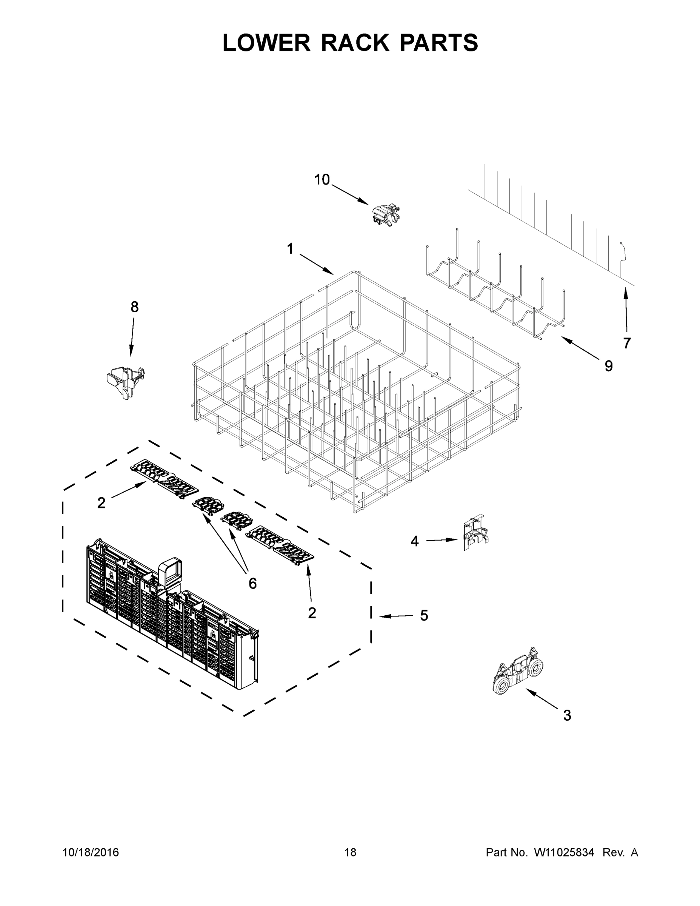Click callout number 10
(x=322, y=180)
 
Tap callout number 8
(x=134, y=307)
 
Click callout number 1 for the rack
(x=290, y=249)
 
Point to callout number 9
(x=608, y=366)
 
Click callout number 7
(x=626, y=343)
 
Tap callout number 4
(x=414, y=541)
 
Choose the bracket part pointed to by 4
(x=475, y=534)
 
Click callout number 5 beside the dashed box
(x=424, y=615)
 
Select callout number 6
(x=252, y=583)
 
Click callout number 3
(x=567, y=715)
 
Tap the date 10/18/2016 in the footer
(x=91, y=852)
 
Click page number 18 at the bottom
(x=350, y=852)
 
